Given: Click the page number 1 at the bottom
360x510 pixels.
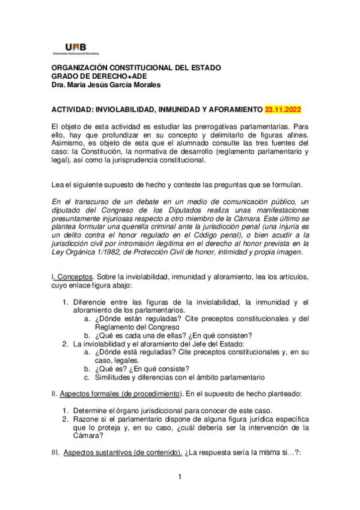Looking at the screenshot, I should point(179,478).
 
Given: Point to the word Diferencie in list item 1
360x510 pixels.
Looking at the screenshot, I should point(91,301).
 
